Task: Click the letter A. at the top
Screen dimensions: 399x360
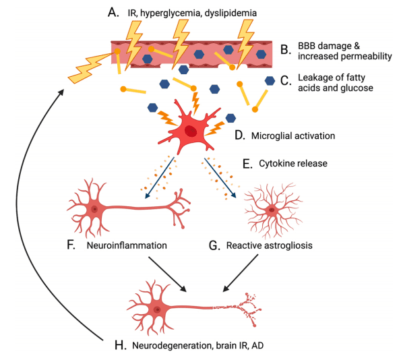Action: click(113, 12)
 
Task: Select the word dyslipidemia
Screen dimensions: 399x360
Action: click(231, 13)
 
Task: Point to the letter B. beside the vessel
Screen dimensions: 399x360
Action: click(286, 50)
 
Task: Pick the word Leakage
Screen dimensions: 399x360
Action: click(314, 78)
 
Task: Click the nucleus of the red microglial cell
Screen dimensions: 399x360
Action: click(190, 131)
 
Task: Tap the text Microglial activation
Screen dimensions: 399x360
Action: click(293, 136)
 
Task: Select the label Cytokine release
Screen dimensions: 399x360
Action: click(293, 163)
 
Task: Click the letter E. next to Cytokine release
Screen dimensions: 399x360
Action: click(247, 164)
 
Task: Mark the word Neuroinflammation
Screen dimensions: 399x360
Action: click(127, 245)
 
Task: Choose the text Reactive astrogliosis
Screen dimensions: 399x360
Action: click(269, 245)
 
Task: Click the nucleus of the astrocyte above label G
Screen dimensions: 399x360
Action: click(272, 210)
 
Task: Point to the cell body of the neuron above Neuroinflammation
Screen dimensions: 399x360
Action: click(94, 209)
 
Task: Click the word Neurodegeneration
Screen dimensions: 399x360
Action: click(173, 346)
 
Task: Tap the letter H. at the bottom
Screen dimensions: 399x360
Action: click(121, 346)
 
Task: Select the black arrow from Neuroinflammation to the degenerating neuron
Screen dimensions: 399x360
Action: click(167, 274)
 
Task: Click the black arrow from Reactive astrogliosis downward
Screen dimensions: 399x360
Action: click(241, 273)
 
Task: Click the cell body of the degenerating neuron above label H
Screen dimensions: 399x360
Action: click(157, 309)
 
